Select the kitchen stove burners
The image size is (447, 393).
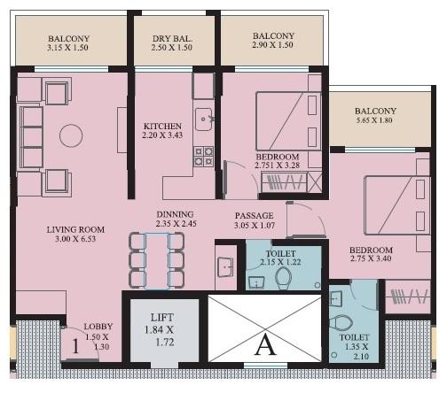pos(203,157)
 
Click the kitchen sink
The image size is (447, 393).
pos(203,118)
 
